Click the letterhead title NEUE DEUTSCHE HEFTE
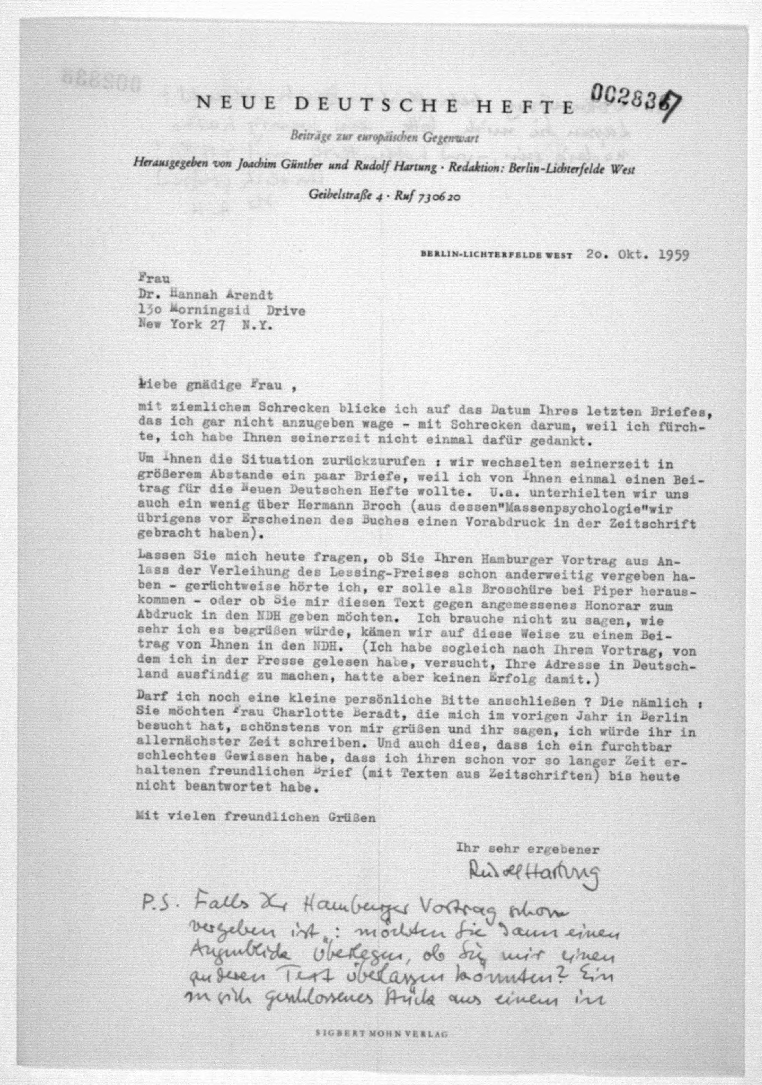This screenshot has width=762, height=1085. click(385, 105)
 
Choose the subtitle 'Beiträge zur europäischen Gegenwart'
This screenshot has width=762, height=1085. click(384, 139)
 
